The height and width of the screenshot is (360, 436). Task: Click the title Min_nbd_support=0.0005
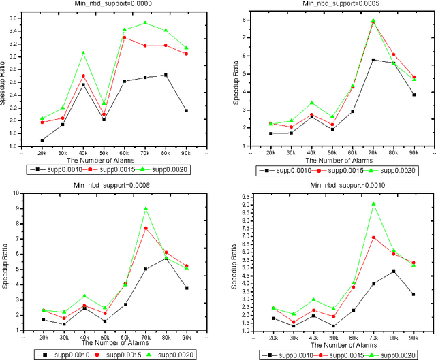pos(334,4)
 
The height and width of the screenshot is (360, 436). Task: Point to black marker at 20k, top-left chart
pos(42,140)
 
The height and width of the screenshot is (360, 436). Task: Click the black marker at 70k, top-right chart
pos(373,60)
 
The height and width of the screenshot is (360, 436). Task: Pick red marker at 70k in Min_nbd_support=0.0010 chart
pos(373,238)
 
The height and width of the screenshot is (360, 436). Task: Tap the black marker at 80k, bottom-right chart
pos(394,272)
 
